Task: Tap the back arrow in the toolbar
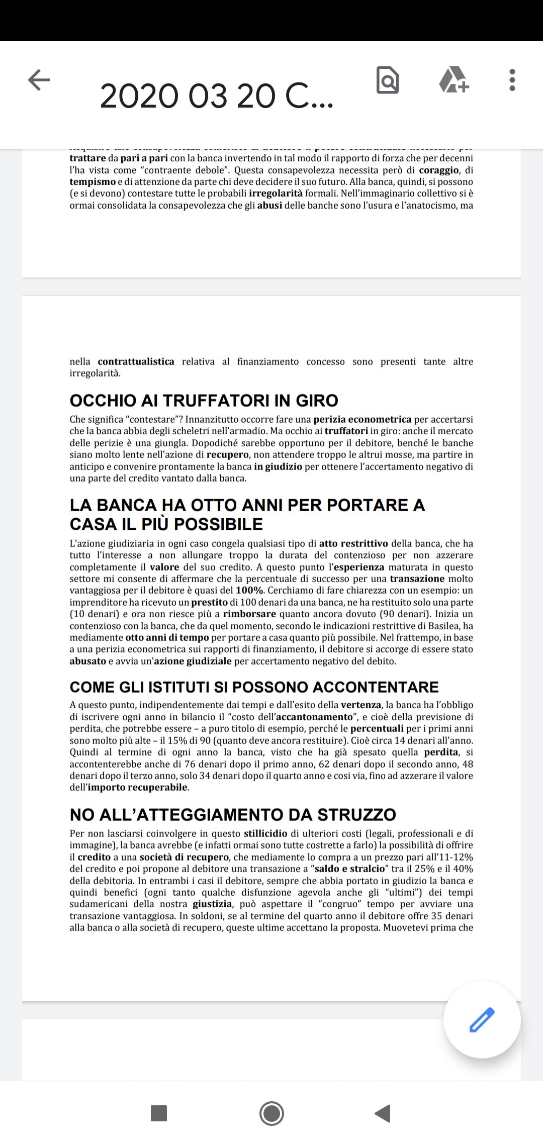[x=39, y=80]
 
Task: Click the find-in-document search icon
[x=388, y=80]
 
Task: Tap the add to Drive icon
[x=454, y=80]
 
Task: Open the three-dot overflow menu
[x=512, y=80]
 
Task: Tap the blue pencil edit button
[x=482, y=1020]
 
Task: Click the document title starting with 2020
[x=216, y=96]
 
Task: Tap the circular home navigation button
[x=271, y=1113]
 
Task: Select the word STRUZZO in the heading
[x=356, y=814]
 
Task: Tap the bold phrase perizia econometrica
[x=362, y=419]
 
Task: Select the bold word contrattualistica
[x=136, y=361]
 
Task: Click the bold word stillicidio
[x=265, y=833]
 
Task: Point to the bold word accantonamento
[x=314, y=717]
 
